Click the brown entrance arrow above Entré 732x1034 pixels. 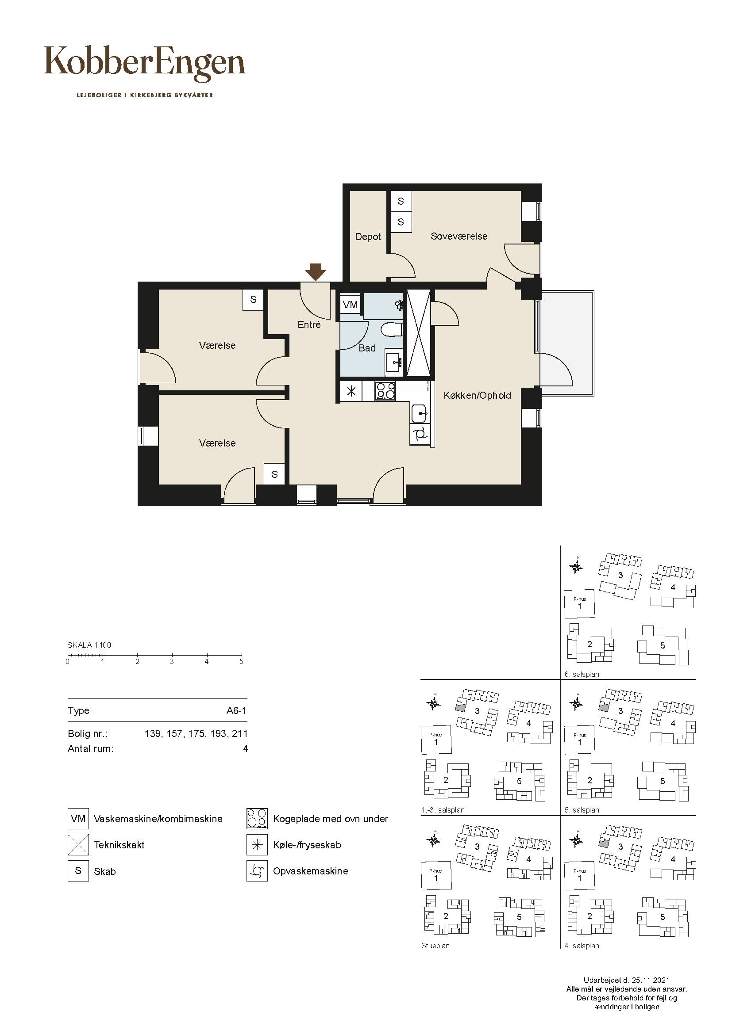click(x=316, y=272)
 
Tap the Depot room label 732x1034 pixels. click(x=368, y=237)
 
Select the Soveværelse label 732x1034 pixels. click(x=459, y=237)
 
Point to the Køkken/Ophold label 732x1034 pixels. click(x=478, y=395)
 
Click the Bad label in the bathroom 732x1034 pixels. click(x=367, y=348)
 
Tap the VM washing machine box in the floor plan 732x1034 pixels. click(x=350, y=305)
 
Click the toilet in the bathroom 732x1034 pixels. click(x=391, y=330)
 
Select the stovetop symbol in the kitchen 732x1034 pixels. click(x=386, y=390)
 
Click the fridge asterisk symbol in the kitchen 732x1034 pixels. click(x=351, y=391)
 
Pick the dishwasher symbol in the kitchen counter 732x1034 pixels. click(x=420, y=434)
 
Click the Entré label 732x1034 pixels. click(x=309, y=325)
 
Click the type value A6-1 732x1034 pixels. click(x=237, y=711)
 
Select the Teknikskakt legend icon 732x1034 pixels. click(x=78, y=845)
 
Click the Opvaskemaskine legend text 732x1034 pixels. click(x=311, y=871)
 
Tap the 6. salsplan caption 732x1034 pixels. click(x=582, y=675)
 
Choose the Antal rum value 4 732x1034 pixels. click(x=245, y=749)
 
